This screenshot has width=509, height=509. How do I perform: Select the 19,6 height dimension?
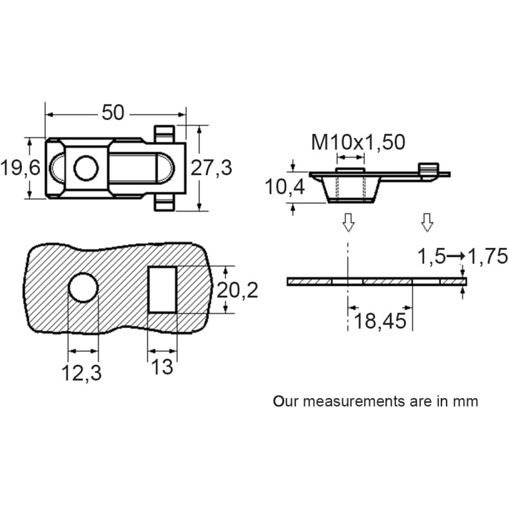click(x=20, y=168)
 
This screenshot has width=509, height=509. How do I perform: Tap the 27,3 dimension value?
click(x=212, y=168)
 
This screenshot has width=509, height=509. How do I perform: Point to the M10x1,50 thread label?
click(x=358, y=142)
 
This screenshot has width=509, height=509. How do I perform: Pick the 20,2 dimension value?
click(x=237, y=291)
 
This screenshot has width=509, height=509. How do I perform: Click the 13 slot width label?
click(x=162, y=367)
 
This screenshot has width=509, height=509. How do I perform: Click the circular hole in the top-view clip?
click(x=84, y=168)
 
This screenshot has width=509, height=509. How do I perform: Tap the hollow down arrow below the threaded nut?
click(x=348, y=222)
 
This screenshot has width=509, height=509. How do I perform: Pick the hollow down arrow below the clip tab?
click(x=427, y=222)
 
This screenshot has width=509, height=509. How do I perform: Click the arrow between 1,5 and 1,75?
click(x=456, y=256)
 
